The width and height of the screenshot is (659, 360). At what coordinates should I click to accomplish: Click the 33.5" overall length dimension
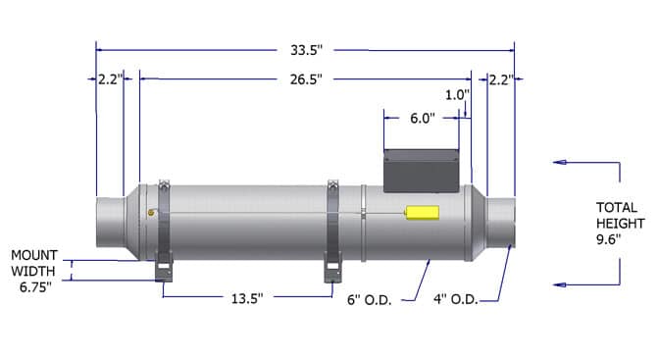point(306,50)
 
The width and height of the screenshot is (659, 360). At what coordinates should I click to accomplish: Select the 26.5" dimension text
point(306,79)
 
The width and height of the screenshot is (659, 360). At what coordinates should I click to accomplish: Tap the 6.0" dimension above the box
point(423,118)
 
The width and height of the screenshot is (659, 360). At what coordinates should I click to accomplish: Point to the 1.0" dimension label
point(457,95)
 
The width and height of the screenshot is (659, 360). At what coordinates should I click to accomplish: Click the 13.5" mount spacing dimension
point(247,298)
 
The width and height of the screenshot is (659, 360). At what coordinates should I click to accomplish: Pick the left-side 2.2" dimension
point(111,79)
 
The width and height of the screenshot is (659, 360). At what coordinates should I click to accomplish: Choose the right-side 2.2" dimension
point(501,79)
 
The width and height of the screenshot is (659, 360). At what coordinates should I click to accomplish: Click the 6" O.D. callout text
point(370,300)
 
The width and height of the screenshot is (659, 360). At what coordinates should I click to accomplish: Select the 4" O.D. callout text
point(456,299)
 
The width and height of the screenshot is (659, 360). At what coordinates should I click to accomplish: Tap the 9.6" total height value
point(609,239)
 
